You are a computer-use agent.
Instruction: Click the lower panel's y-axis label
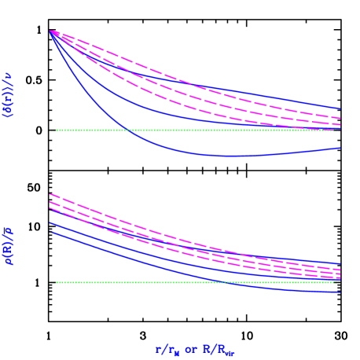(x=9, y=245)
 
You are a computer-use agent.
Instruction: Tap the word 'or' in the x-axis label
(x=190, y=348)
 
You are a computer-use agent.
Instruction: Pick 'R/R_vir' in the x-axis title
(x=219, y=349)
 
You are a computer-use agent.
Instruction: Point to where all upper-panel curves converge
(x=51, y=31)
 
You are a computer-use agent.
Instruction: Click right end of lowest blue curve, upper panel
(x=340, y=148)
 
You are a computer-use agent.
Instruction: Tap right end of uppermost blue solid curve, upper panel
(x=340, y=108)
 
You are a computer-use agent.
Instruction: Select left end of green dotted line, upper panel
(x=57, y=130)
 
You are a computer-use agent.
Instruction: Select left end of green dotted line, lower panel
(x=57, y=282)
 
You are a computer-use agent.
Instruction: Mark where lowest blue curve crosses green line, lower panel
(x=236, y=282)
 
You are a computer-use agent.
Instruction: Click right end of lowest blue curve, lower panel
(x=340, y=292)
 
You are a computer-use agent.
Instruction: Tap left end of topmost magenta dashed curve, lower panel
(x=51, y=194)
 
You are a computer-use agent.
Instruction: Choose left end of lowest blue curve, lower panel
(x=51, y=232)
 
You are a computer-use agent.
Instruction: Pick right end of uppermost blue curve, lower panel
(x=340, y=264)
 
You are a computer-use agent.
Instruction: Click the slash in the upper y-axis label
(x=9, y=87)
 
